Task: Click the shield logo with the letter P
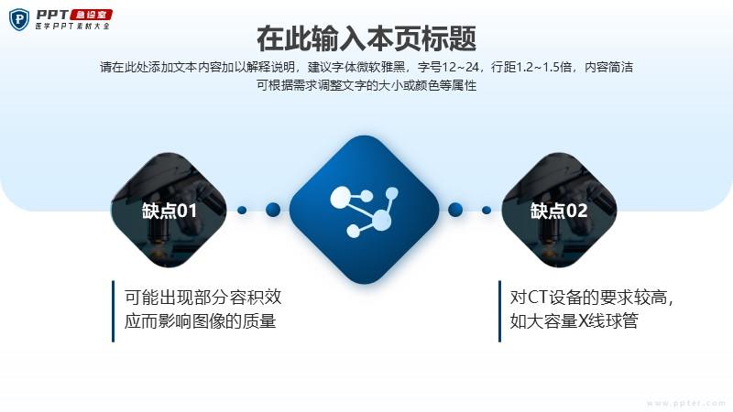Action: click(x=19, y=19)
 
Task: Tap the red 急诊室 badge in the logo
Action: click(x=91, y=15)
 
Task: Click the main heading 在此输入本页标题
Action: click(x=366, y=38)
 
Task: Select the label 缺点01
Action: click(x=170, y=211)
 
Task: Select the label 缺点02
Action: click(x=559, y=211)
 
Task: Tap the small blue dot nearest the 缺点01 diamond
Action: click(x=242, y=211)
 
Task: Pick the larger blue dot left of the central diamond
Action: click(x=273, y=210)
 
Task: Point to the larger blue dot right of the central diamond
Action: click(x=455, y=210)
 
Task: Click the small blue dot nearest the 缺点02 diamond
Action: click(x=487, y=211)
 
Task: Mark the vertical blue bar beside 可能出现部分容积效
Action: click(x=113, y=311)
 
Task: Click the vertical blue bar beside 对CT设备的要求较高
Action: click(x=499, y=311)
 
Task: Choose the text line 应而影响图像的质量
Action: click(x=200, y=321)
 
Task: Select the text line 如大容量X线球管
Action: click(x=574, y=321)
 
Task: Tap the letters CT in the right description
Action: click(x=537, y=297)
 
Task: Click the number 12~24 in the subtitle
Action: click(x=461, y=67)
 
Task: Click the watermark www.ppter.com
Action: click(x=685, y=403)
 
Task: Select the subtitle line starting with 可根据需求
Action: click(x=366, y=85)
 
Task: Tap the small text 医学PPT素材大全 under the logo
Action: click(x=72, y=27)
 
